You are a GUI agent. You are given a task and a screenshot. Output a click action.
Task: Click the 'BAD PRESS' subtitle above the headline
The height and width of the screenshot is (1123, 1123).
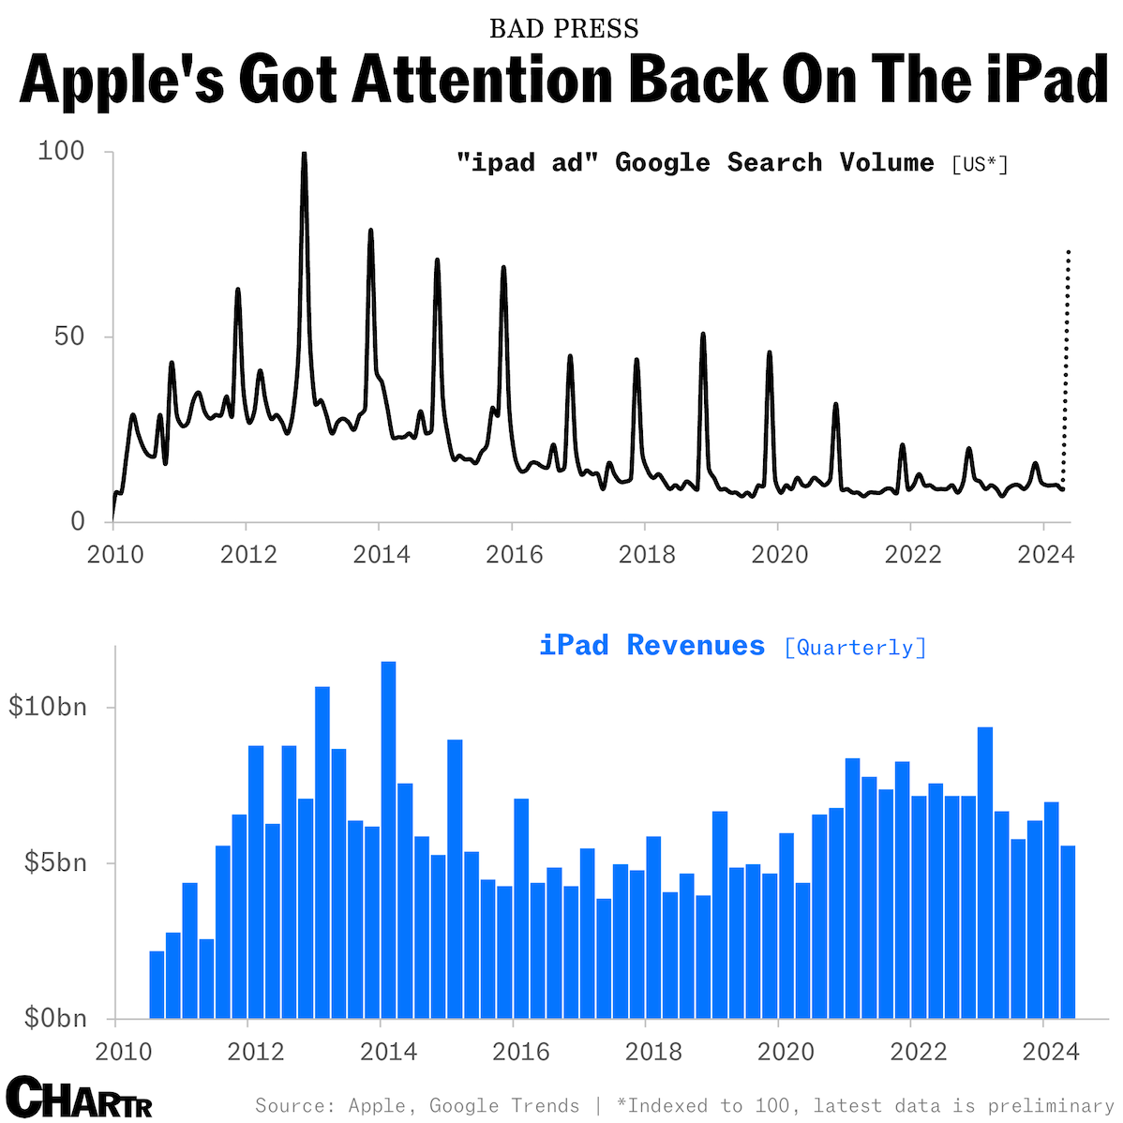click(x=563, y=28)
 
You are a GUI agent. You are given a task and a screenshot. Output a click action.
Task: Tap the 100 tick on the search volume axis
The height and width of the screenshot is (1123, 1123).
click(x=61, y=151)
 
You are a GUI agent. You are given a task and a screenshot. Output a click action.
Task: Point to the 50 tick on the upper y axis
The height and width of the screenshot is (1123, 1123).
click(x=68, y=337)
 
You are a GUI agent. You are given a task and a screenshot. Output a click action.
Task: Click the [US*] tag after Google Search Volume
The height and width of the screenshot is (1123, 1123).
click(x=980, y=165)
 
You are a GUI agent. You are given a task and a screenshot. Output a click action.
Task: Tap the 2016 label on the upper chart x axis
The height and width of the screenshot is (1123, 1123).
click(x=514, y=555)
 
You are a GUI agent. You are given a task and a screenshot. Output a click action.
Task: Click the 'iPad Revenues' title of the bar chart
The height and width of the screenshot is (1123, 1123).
click(x=651, y=646)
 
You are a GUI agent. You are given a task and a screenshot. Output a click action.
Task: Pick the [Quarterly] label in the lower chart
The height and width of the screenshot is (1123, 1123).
click(x=855, y=648)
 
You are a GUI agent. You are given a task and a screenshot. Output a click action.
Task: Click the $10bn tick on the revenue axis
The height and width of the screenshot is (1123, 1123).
click(x=48, y=707)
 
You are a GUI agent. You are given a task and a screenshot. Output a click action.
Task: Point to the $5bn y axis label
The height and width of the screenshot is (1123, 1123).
click(x=52, y=862)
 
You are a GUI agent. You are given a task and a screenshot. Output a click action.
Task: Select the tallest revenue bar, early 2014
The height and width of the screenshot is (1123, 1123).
click(x=388, y=839)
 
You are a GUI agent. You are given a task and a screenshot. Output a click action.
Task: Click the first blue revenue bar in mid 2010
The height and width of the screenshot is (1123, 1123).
click(x=157, y=984)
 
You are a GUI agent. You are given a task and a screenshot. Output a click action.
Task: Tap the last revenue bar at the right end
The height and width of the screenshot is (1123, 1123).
click(x=1068, y=932)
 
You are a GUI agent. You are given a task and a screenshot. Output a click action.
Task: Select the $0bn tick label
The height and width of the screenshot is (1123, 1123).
click(x=52, y=1018)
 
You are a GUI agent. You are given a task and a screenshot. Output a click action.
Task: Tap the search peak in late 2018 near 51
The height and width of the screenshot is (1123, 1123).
click(x=702, y=336)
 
